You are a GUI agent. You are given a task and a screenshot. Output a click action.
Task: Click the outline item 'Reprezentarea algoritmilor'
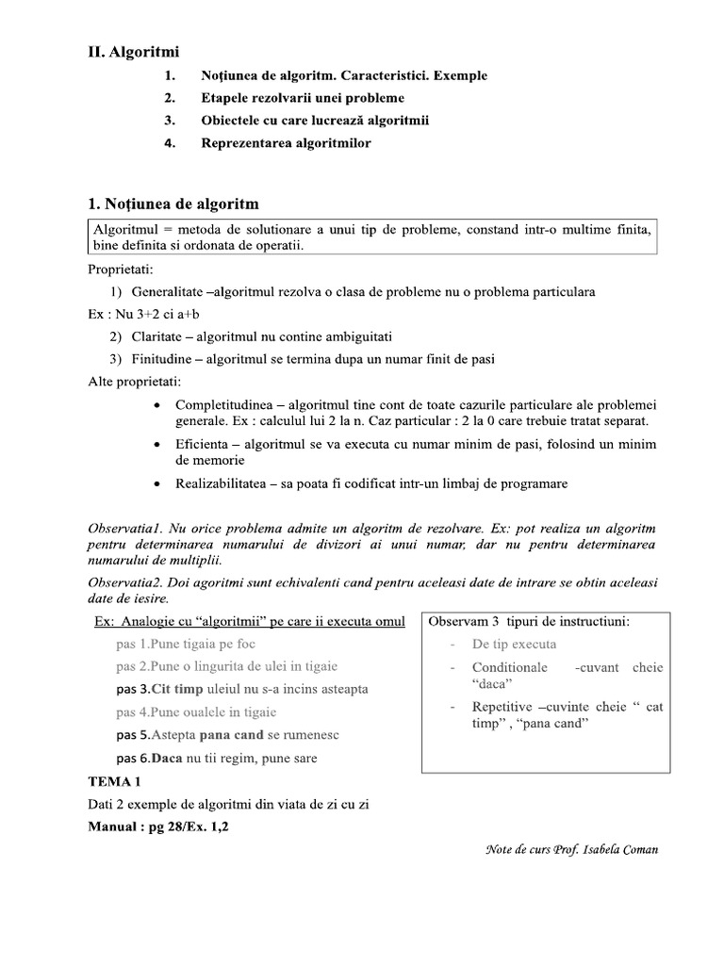coord(286,143)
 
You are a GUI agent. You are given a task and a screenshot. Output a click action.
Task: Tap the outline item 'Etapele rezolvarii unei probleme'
coord(303,98)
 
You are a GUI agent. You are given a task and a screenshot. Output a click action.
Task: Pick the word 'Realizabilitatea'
coord(222,483)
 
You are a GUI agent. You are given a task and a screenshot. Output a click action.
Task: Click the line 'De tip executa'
coord(514,645)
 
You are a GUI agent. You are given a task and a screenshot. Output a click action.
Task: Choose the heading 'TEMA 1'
coord(114,782)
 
